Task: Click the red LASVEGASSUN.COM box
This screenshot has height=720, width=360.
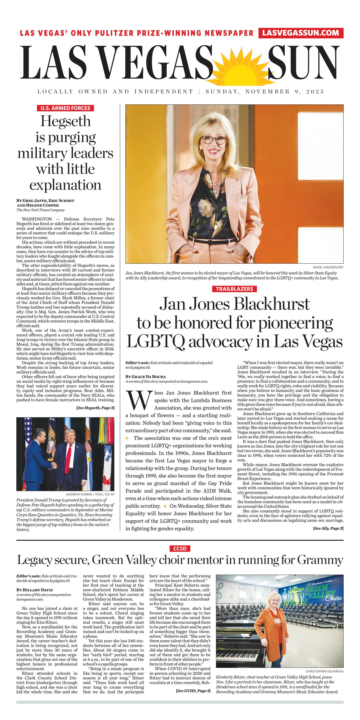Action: tap(301, 33)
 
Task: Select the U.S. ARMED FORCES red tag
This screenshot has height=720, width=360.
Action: tap(65, 108)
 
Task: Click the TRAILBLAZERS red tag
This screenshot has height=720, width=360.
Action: tap(234, 289)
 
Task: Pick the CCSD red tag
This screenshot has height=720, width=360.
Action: tap(180, 549)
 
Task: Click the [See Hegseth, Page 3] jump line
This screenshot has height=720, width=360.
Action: tap(95, 408)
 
